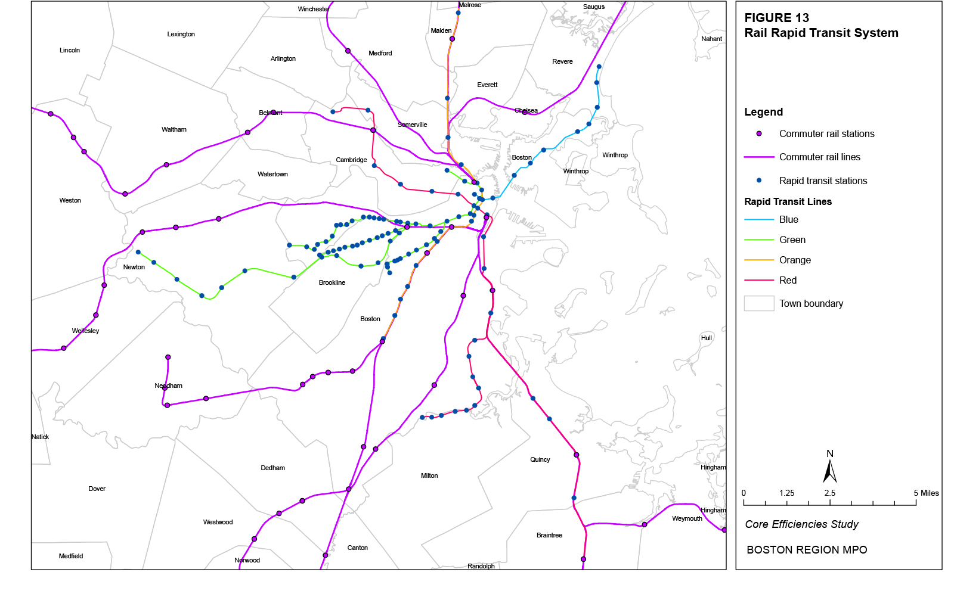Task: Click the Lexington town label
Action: coord(181,35)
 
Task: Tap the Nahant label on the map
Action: coord(711,39)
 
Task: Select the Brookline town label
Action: coord(332,283)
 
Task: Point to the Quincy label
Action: coord(540,460)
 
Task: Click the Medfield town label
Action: coord(71,557)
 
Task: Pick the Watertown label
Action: coord(272,175)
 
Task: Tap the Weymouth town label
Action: coord(687,519)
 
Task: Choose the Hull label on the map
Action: coord(707,338)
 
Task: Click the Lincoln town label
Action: coord(70,51)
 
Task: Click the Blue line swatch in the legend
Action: coord(759,220)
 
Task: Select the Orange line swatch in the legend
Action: coord(759,260)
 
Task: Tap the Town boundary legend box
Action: coord(759,304)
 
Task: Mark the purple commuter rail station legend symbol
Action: coord(759,134)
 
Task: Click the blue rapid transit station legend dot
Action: coord(759,181)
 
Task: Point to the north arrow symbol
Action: coord(829,471)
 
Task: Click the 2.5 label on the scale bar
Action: coord(829,493)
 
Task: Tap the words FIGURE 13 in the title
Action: coord(776,18)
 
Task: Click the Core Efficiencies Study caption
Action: coord(801,525)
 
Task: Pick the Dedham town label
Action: coord(272,468)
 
